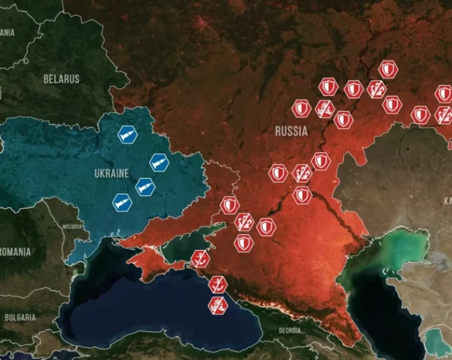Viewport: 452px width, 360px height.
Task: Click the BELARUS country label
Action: pyautogui.click(x=61, y=79)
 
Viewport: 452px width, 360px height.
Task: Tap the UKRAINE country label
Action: pyautogui.click(x=111, y=173)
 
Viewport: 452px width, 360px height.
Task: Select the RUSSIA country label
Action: pyautogui.click(x=291, y=131)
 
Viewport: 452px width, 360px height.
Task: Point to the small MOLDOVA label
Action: pyautogui.click(x=73, y=226)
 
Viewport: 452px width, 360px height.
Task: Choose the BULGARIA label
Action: pyautogui.click(x=20, y=317)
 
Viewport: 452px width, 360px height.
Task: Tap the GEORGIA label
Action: pyautogui.click(x=290, y=331)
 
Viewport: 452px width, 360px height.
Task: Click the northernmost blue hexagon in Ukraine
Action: pyautogui.click(x=127, y=135)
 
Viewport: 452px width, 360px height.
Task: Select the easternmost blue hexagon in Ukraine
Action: pyautogui.click(x=159, y=162)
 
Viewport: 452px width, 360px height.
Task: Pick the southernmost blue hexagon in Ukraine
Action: pyautogui.click(x=122, y=203)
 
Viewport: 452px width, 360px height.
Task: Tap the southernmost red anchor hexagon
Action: pyautogui.click(x=217, y=304)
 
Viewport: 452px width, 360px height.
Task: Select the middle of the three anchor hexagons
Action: pyautogui.click(x=217, y=284)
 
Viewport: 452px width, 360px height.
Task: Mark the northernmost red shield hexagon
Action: pyautogui.click(x=388, y=69)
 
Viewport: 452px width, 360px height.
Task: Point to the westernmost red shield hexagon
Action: pyautogui.click(x=229, y=206)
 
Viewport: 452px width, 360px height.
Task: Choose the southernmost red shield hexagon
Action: pyautogui.click(x=244, y=243)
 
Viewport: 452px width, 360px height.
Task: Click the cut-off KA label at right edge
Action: pyautogui.click(x=447, y=200)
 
